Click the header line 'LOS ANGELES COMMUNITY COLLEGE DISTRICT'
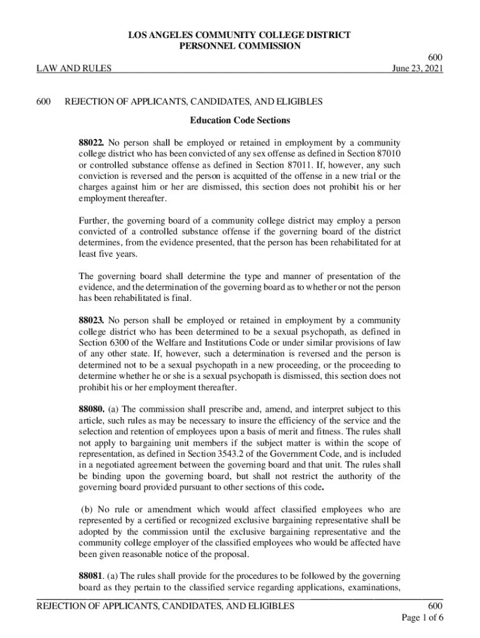point(240,35)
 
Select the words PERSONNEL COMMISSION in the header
point(240,46)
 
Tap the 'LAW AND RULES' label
point(75,69)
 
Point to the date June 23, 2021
point(417,69)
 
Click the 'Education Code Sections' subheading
point(240,120)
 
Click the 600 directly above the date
point(435,57)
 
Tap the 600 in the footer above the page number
point(435,606)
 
